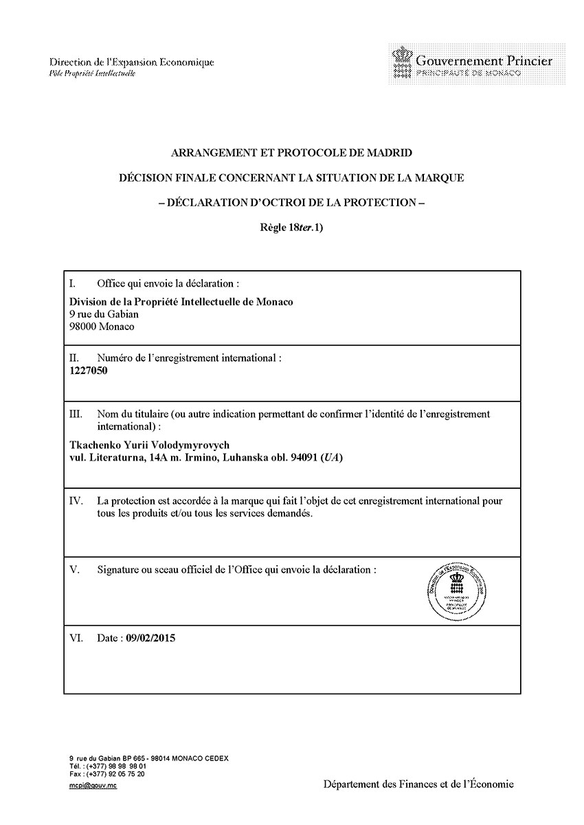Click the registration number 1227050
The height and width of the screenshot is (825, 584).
point(89,371)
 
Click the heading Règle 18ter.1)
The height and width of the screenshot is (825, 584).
point(291,228)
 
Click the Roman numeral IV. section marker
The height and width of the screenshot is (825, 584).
point(77,501)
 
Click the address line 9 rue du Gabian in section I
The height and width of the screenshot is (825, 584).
point(104,314)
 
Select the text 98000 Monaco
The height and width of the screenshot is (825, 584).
point(102,327)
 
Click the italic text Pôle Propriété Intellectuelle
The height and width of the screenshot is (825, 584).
point(93,74)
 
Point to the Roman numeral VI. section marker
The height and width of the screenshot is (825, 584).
point(76,638)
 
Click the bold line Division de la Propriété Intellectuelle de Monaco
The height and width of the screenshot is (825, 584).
point(181,302)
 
